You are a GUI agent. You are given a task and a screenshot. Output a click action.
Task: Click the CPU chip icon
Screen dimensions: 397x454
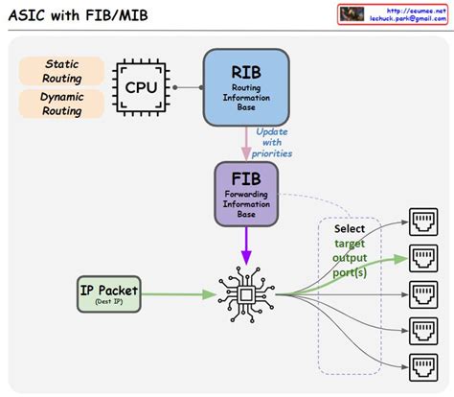141,87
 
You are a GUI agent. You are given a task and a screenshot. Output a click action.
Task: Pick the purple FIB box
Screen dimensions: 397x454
245,194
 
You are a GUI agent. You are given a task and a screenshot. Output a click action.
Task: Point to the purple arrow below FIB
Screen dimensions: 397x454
245,247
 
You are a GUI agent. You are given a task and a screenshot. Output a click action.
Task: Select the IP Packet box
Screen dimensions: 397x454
108,293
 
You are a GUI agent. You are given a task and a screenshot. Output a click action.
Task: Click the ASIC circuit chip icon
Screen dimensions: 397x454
245,293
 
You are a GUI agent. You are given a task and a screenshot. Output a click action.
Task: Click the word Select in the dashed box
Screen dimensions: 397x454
350,230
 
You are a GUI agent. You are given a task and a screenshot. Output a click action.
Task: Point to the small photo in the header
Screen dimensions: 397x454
352,13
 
